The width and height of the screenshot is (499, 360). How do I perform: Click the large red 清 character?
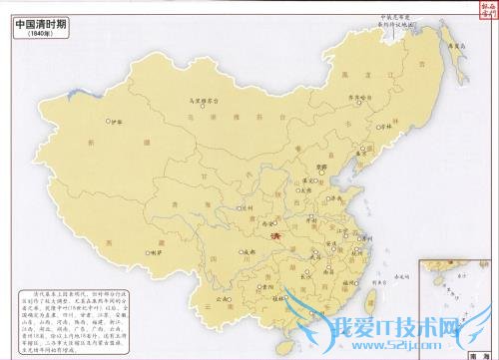tap(275, 236)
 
